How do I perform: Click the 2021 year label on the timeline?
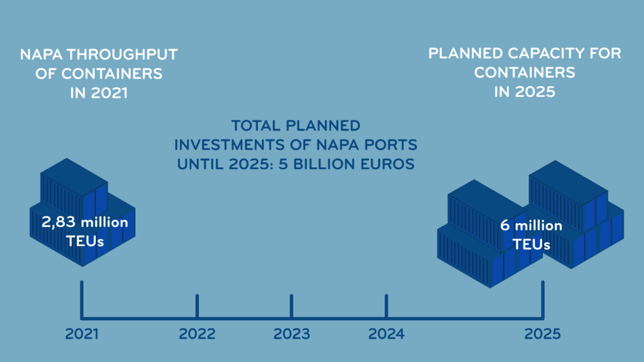tap(82, 334)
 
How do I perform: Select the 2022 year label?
tap(197, 334)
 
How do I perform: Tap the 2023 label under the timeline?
tap(292, 334)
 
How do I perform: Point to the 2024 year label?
tap(386, 334)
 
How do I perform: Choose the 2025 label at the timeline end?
tap(542, 334)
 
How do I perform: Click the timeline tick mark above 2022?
tap(197, 305)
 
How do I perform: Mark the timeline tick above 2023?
tap(292, 305)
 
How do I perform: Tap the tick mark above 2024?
tap(386, 305)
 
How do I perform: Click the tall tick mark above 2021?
tap(82, 299)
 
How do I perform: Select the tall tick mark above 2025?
tap(543, 299)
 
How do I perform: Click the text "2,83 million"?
tap(84, 222)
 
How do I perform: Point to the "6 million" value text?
tap(531, 225)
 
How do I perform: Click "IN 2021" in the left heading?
tap(99, 93)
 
